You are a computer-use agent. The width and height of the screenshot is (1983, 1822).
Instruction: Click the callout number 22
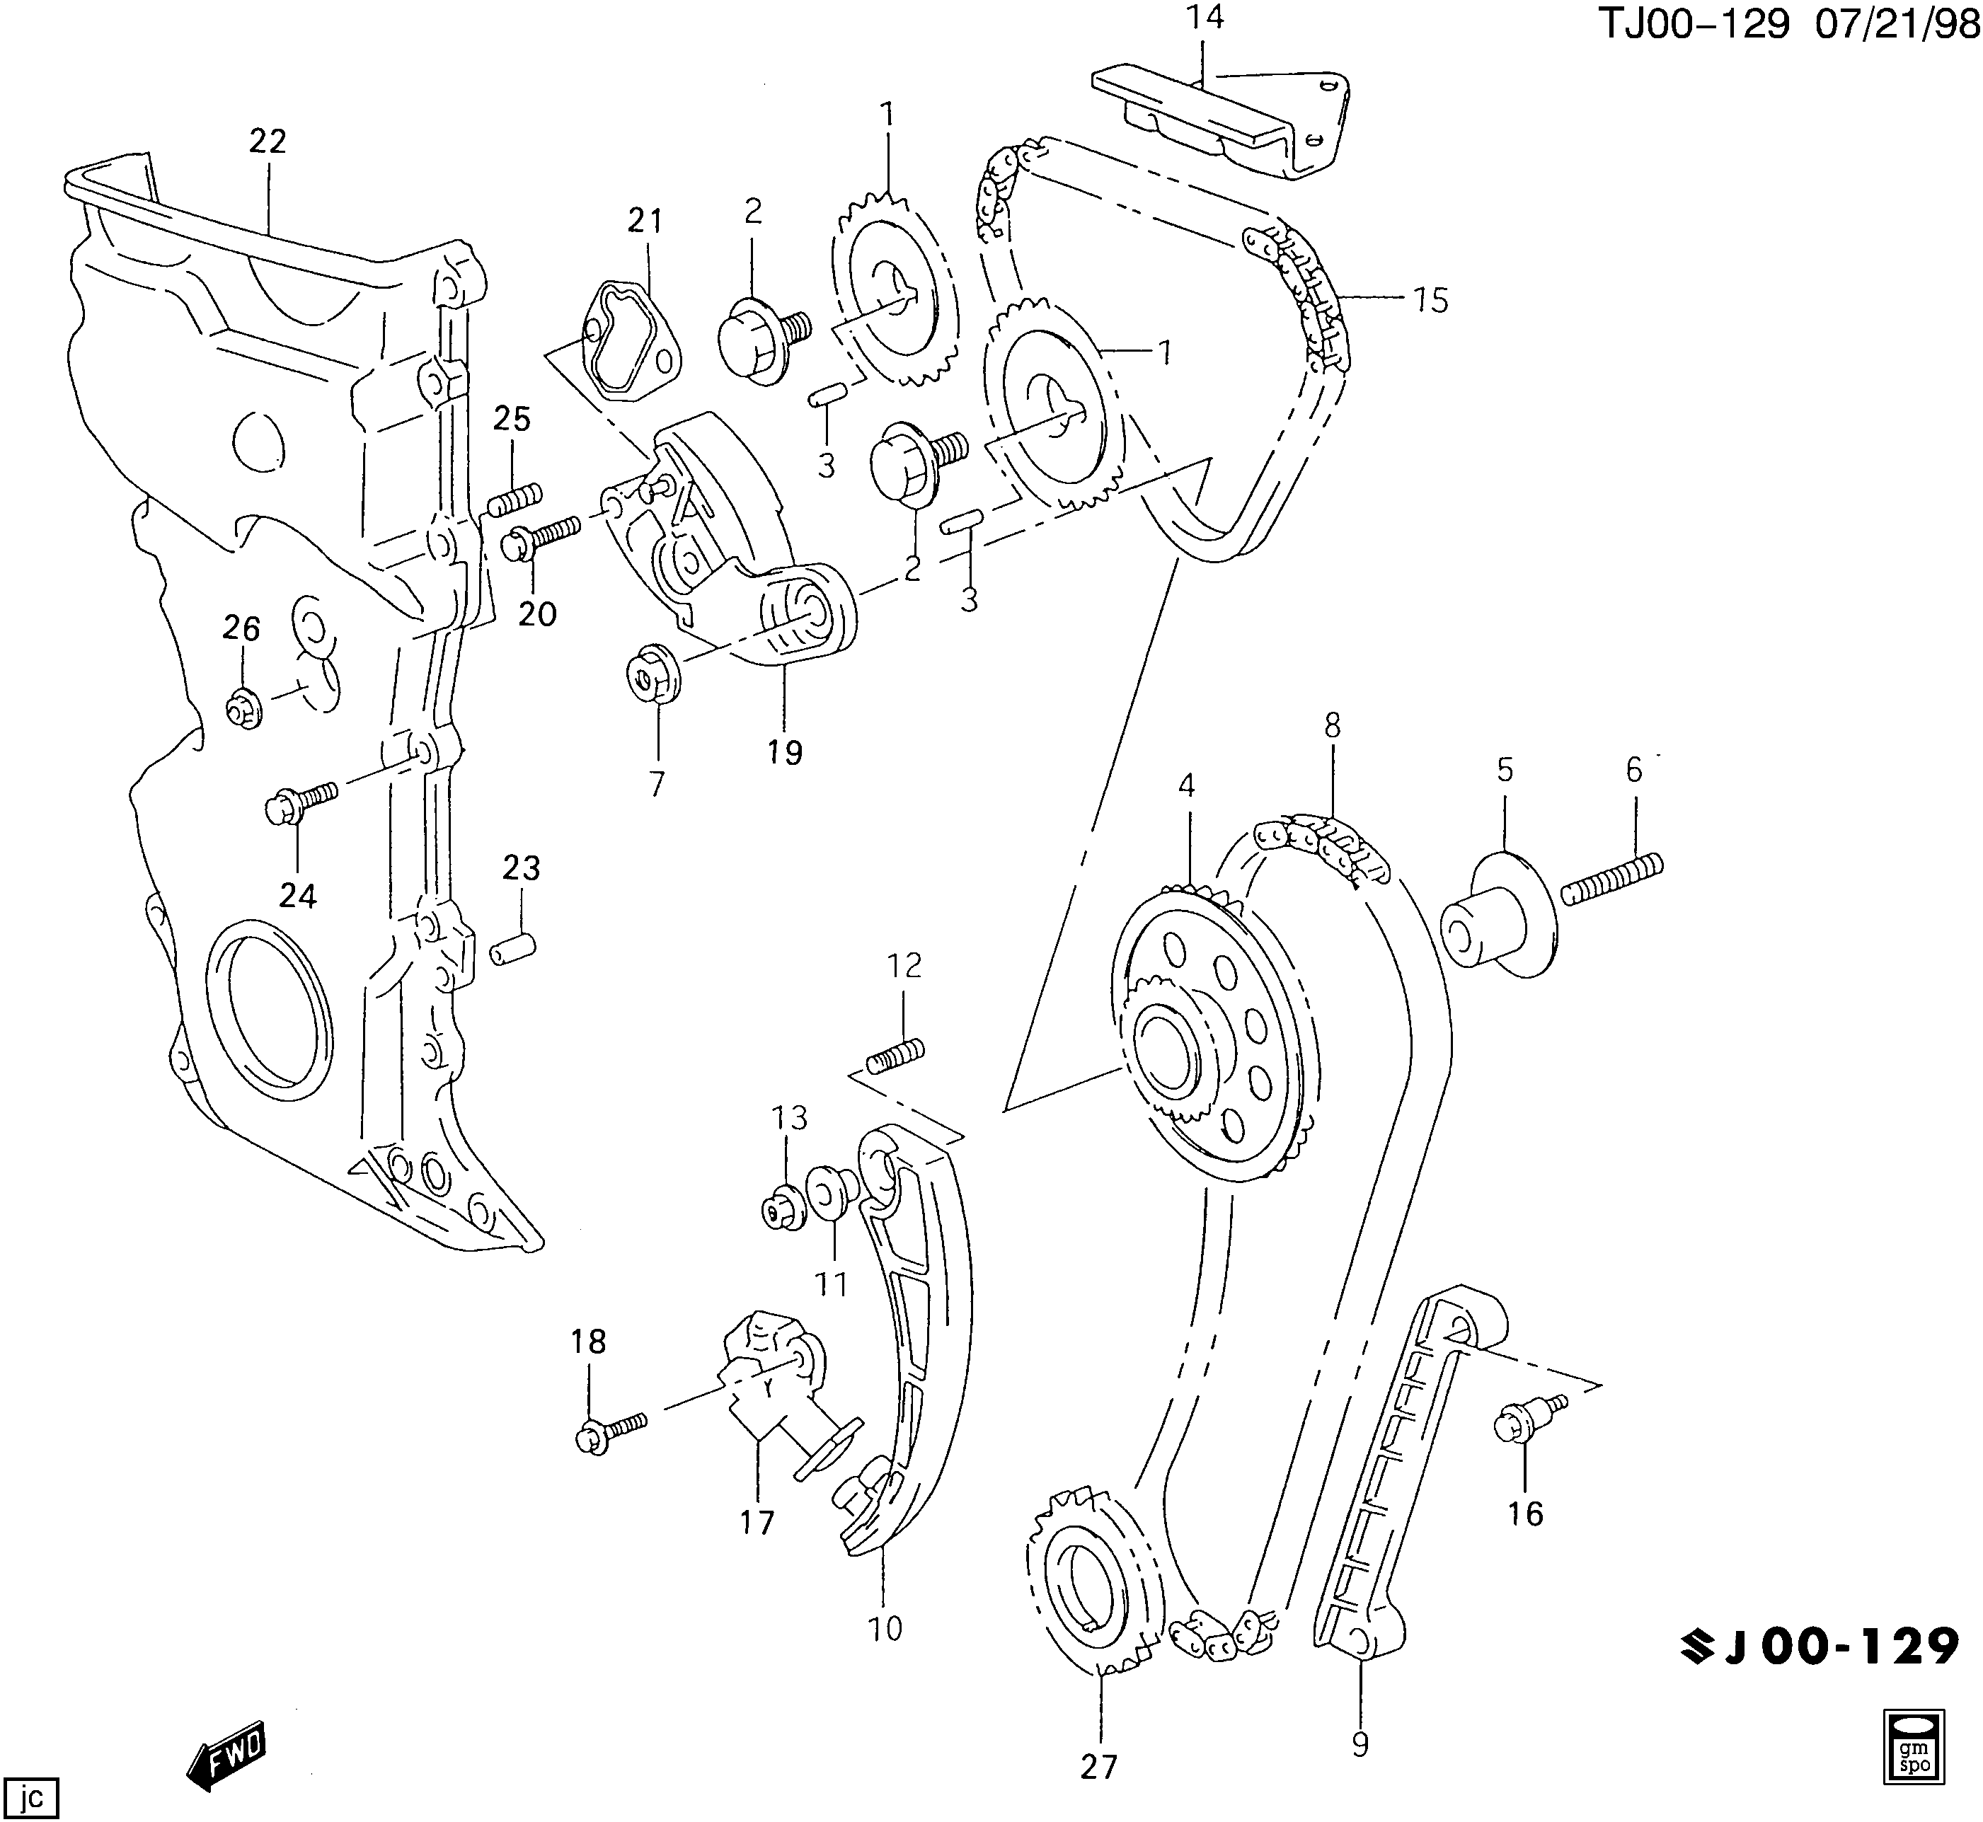click(268, 142)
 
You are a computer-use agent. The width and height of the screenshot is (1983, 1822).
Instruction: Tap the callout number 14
click(1205, 17)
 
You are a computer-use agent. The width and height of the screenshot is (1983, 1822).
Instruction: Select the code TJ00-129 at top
click(1692, 25)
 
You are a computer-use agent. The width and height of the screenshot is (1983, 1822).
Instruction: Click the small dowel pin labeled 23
click(513, 950)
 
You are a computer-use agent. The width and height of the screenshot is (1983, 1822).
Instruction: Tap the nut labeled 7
click(651, 675)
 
